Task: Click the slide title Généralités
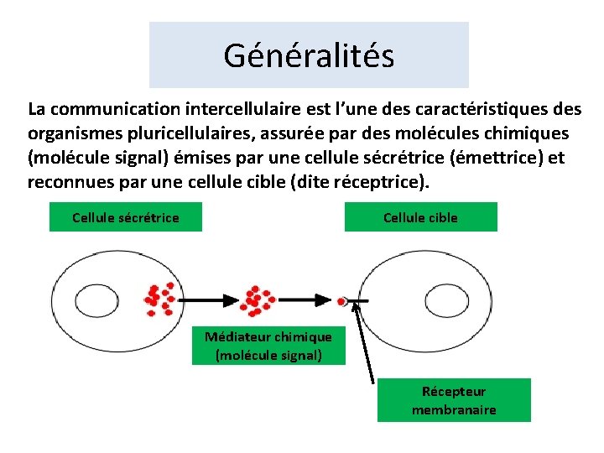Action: (309, 55)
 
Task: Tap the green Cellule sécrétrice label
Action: (126, 217)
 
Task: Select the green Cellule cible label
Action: (420, 217)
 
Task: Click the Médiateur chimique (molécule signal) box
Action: (268, 346)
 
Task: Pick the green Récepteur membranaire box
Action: (454, 400)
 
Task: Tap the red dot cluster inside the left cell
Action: (159, 298)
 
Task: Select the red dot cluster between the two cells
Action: (256, 299)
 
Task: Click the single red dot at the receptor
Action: (341, 300)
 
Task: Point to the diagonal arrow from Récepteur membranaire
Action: (364, 344)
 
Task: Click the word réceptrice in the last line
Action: (376, 182)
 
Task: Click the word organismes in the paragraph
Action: (70, 133)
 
